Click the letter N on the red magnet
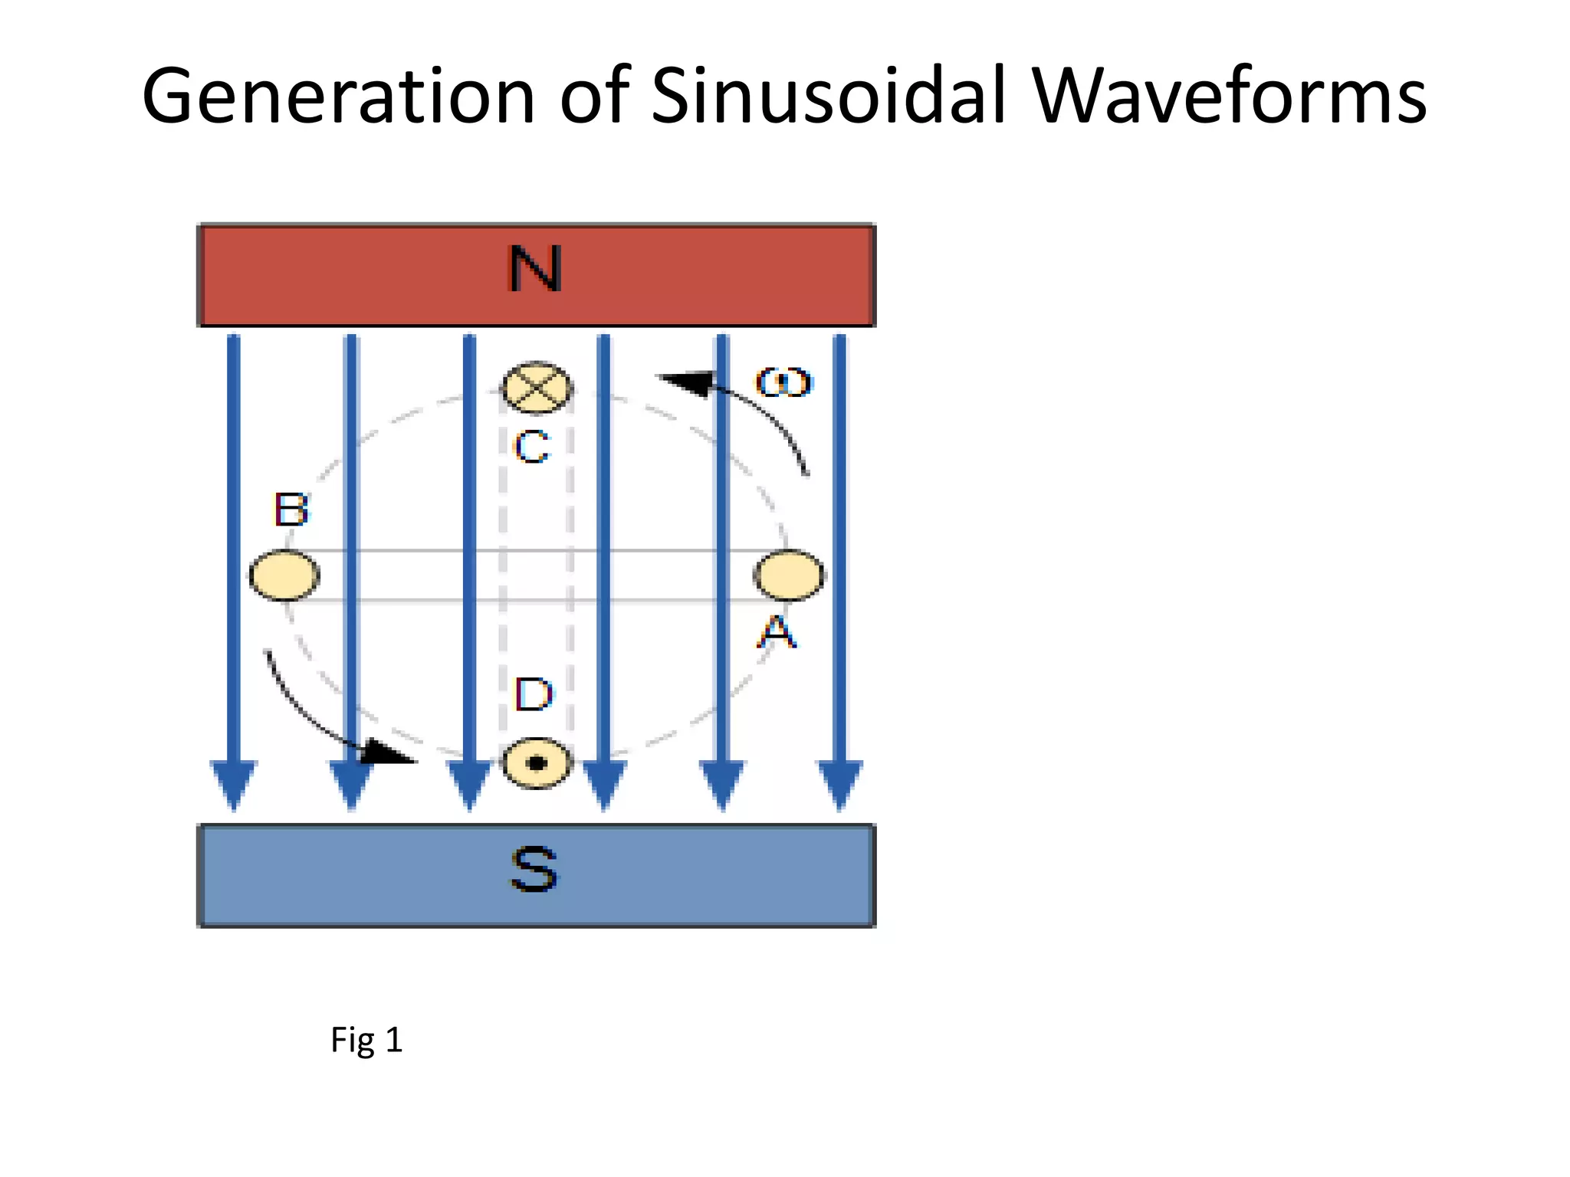[535, 270]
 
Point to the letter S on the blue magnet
[534, 870]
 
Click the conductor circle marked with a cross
[537, 386]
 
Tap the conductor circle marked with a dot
[537, 763]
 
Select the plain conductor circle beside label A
[789, 575]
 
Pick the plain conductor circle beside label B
[284, 575]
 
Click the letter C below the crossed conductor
[532, 447]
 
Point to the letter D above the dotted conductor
[534, 694]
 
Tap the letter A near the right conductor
[777, 633]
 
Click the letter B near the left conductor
[291, 510]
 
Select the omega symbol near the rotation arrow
[783, 382]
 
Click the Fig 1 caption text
[366, 1041]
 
